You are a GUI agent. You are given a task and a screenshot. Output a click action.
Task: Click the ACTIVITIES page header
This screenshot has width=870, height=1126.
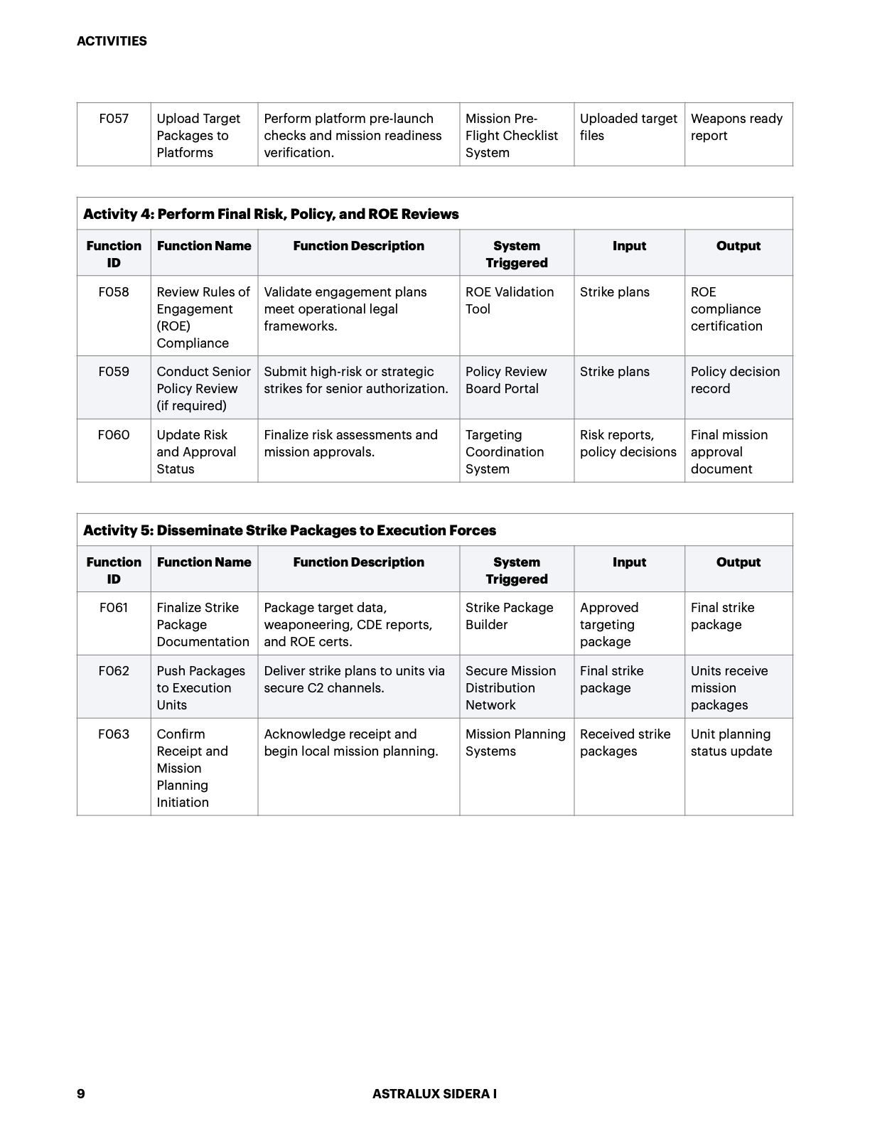pos(112,41)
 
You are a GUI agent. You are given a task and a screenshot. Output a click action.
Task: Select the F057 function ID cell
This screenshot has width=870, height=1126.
pos(114,119)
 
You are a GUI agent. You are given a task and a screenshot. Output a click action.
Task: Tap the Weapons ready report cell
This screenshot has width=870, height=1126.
pos(736,127)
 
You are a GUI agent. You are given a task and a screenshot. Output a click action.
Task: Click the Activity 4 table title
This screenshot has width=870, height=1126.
pos(271,214)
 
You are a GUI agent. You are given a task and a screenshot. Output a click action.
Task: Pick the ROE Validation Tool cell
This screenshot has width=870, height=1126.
pos(509,301)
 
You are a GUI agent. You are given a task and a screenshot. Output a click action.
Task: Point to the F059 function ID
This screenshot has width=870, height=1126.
pos(114,372)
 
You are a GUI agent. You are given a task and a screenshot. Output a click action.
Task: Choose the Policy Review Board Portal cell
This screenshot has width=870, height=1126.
pos(505,380)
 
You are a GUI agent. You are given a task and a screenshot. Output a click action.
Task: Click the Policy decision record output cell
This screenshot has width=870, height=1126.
pos(735,380)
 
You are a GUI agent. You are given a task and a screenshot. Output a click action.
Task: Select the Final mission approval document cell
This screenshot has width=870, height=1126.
pos(729,452)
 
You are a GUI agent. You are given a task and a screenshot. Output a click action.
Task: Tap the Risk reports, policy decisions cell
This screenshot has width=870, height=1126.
pos(628,444)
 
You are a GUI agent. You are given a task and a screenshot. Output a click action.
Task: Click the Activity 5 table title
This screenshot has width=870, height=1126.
pos(289,530)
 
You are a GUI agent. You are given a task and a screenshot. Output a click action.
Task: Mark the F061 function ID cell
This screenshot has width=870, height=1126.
pos(114,608)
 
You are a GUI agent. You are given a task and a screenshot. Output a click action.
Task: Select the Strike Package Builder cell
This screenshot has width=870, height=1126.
pos(509,616)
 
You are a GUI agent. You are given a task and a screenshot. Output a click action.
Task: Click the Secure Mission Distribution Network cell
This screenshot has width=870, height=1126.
pos(510,688)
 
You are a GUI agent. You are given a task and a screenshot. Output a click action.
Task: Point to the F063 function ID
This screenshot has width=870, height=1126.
pos(114,734)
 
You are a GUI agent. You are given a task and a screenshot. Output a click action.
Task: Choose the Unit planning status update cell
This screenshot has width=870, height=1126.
pos(731,743)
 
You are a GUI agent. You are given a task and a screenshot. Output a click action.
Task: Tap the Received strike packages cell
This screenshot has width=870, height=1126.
pos(625,743)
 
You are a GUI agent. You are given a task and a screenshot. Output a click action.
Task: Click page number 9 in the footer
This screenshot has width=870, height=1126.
pos(81,1093)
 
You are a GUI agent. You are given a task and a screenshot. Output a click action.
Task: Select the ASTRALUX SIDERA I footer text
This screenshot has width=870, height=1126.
pos(434,1094)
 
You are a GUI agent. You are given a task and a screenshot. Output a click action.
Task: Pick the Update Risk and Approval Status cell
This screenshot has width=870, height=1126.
pos(196,452)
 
